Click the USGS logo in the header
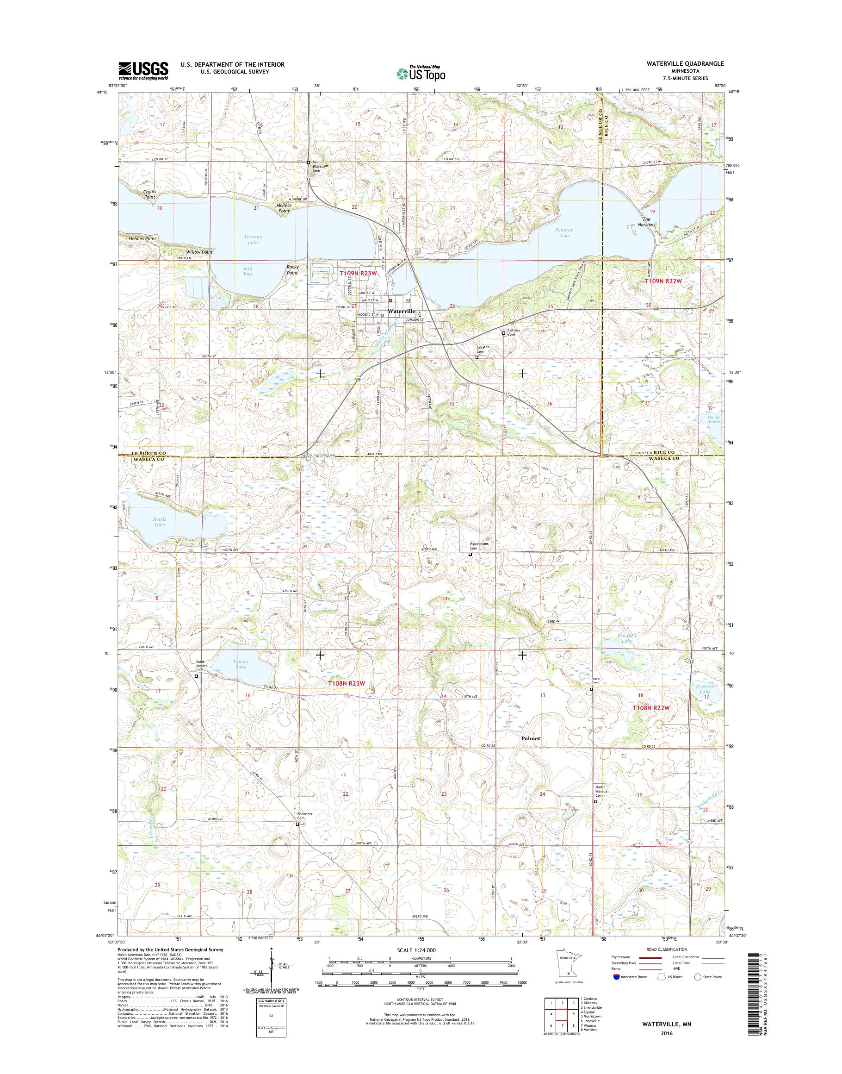coord(143,70)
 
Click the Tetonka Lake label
coord(253,239)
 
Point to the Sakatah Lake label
coord(564,232)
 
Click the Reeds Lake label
coord(159,522)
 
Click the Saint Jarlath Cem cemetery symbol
coord(196,676)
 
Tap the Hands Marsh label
coord(713,419)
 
